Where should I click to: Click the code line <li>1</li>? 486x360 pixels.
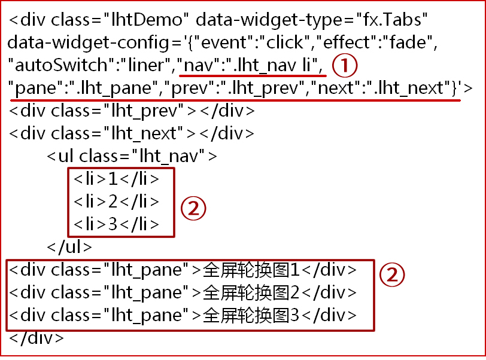(117, 179)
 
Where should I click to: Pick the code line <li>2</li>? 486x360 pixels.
(117, 202)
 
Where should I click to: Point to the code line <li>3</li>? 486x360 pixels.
(117, 224)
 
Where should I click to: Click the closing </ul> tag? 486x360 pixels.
(69, 246)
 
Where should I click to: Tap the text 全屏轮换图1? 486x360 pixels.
(251, 270)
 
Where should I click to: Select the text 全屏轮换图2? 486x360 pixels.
(251, 292)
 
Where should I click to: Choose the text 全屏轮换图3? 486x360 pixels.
(251, 315)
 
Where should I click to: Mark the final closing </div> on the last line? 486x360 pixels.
(36, 337)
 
